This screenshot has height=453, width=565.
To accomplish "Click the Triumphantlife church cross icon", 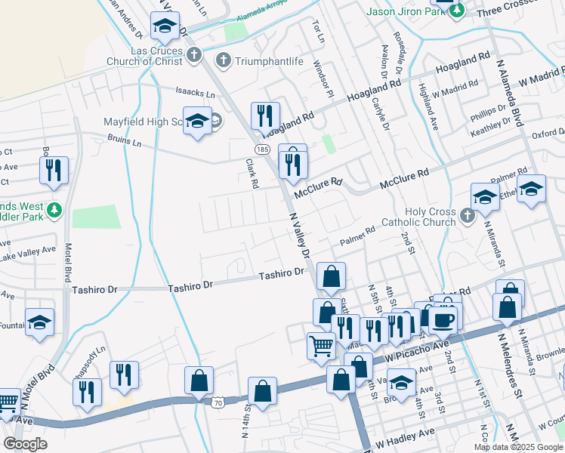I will [x=223, y=60].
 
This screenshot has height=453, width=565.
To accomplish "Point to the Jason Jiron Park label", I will [x=404, y=11].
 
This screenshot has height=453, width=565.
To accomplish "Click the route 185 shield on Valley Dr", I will [x=262, y=150].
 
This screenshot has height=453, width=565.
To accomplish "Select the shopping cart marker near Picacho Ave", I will [x=322, y=346].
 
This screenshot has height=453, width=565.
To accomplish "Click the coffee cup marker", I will [x=443, y=318].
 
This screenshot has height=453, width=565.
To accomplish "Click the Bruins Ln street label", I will [x=125, y=141].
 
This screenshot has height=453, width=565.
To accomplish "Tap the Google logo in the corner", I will [x=25, y=444].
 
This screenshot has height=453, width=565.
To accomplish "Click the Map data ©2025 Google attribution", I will [x=518, y=447].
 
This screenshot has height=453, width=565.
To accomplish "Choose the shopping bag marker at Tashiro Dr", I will [x=331, y=276].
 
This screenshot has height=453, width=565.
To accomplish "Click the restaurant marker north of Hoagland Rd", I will [x=264, y=116].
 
